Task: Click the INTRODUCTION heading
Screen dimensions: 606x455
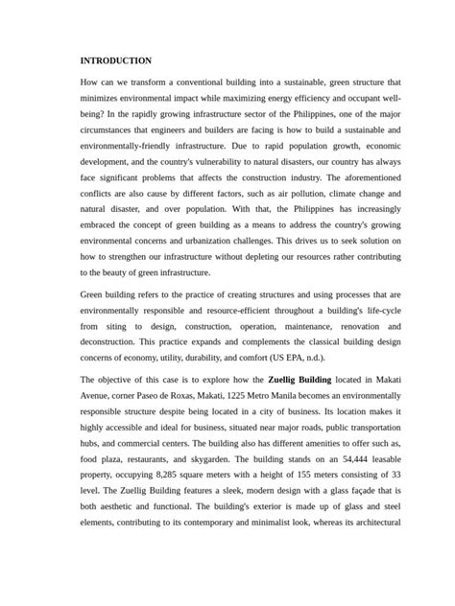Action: point(116,60)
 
